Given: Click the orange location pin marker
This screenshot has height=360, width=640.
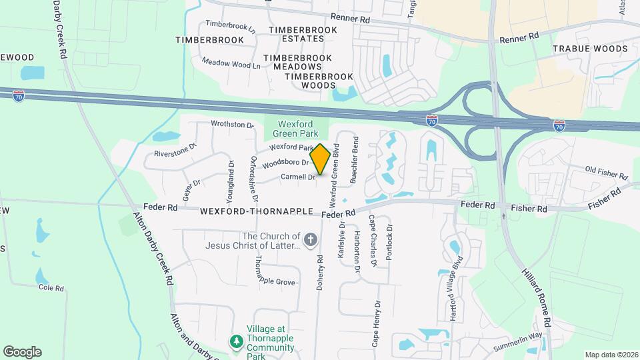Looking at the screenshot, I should [320, 159].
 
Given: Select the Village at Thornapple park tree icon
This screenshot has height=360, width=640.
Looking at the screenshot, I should [236, 341].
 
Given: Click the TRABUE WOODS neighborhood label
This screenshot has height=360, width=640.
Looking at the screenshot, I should [590, 49].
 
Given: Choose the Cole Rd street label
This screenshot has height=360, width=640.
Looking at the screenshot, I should [51, 288].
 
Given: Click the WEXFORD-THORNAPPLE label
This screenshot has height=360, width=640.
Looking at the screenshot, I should [257, 211].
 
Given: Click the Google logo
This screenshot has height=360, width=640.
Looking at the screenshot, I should [22, 351].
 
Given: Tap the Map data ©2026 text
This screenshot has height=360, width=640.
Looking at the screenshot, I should [611, 355].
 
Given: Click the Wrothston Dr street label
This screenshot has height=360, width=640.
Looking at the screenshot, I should [232, 124].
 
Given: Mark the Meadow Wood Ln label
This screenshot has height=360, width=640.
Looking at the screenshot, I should [231, 63].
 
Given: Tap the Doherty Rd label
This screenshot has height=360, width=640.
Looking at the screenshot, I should [320, 269].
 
